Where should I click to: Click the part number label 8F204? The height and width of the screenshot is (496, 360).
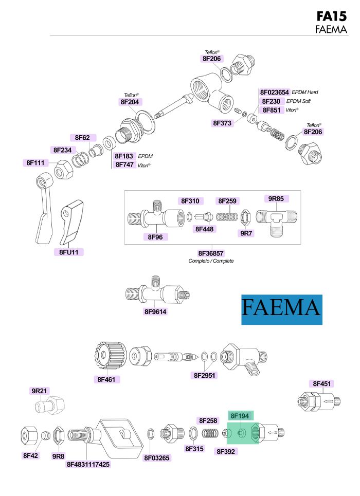coord(130,102)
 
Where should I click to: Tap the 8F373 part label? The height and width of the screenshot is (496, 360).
coord(222,123)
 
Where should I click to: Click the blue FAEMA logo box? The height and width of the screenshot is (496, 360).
coord(282,309)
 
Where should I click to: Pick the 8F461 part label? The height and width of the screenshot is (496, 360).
coord(107,379)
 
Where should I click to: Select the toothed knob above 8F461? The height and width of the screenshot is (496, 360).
coord(108,356)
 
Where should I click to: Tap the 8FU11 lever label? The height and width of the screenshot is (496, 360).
coord(68,252)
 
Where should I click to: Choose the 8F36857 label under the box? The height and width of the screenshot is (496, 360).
coord(211,253)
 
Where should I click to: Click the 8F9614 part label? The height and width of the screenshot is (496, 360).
coord(155,311)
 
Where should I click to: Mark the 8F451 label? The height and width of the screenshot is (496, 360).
coord(322,383)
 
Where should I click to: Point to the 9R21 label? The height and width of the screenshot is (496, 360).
coord(40,391)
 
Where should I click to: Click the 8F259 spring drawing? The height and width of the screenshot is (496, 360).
coord(227,217)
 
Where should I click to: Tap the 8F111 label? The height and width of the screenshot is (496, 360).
coord(37,163)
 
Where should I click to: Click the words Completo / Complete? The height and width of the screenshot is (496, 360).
coord(211,261)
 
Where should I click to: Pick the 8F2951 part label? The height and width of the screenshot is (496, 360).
coord(205,375)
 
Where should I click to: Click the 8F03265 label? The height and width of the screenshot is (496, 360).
coord(156,457)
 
